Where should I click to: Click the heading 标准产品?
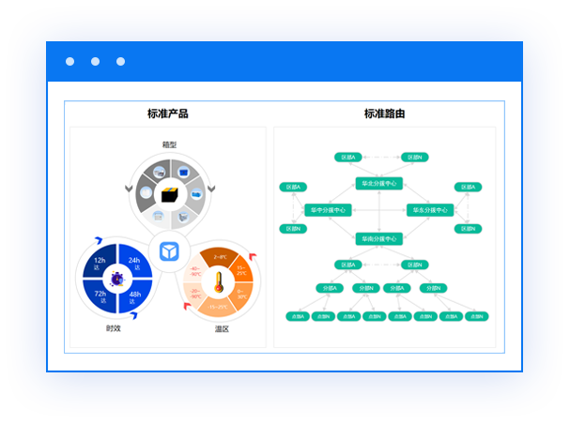tap(168, 114)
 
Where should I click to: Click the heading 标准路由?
tap(384, 114)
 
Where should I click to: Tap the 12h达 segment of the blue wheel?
tap(100, 264)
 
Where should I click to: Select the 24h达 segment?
tap(133, 264)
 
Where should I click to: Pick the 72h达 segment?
tap(100, 297)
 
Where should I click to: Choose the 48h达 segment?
tap(134, 297)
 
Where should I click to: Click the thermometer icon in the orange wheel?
tap(218, 281)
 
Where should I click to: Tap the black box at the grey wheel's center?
tap(170, 194)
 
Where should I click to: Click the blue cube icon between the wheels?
tap(169, 251)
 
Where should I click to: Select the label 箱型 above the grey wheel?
tap(169, 144)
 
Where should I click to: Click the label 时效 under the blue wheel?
tap(114, 328)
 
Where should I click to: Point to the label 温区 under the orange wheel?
tap(222, 329)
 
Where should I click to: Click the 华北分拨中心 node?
tap(377, 183)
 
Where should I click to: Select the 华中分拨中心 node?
tap(327, 210)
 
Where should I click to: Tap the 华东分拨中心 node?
tap(430, 210)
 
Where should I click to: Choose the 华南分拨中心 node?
tap(377, 238)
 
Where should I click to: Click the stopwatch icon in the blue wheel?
tap(116, 278)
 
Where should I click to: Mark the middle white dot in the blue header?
tap(95, 62)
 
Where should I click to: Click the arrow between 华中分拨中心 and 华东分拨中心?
tap(377, 210)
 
